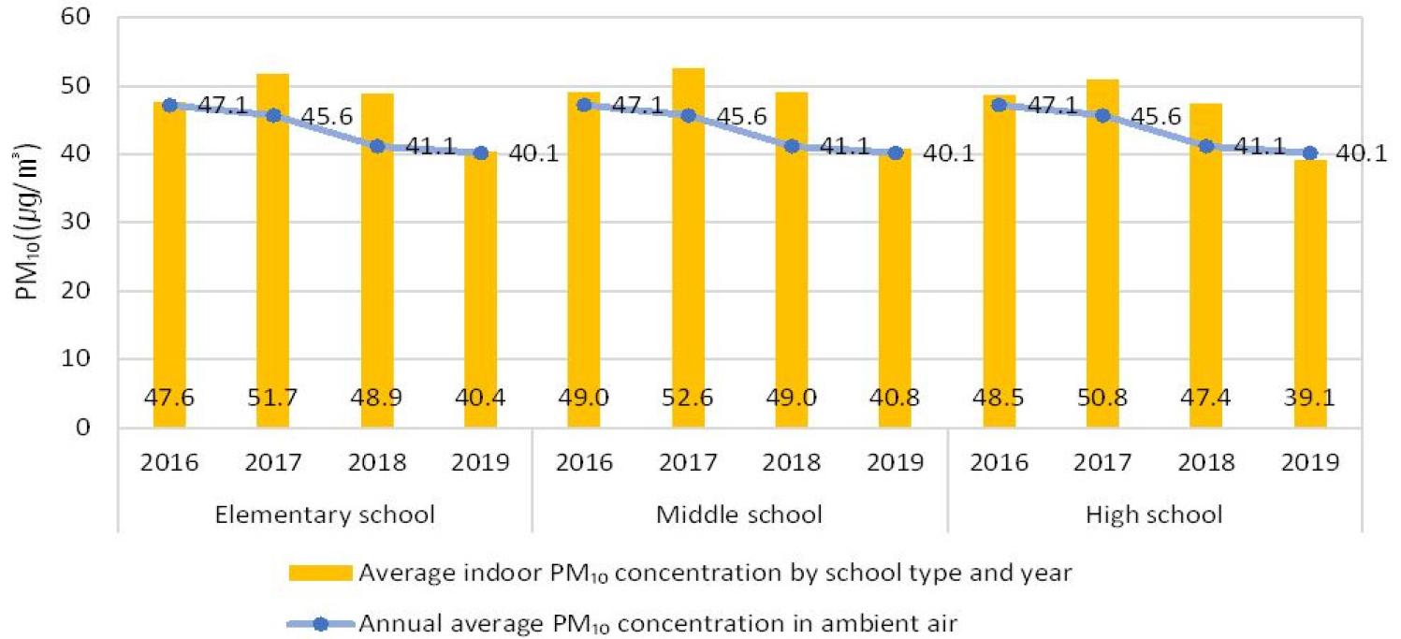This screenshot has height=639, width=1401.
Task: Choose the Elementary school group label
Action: (x=324, y=514)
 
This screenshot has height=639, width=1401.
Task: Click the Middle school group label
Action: (x=739, y=514)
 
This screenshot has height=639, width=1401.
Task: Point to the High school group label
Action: (x=1155, y=514)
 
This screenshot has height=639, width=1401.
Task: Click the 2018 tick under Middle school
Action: (x=792, y=463)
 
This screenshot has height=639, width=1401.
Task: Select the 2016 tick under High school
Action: (x=1000, y=463)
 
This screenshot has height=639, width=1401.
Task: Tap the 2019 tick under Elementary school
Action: (x=480, y=463)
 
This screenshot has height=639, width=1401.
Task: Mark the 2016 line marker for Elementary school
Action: (x=169, y=105)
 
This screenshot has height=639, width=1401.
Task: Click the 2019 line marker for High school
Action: (x=1310, y=153)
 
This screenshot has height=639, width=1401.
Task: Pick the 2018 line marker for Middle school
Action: (x=792, y=146)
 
